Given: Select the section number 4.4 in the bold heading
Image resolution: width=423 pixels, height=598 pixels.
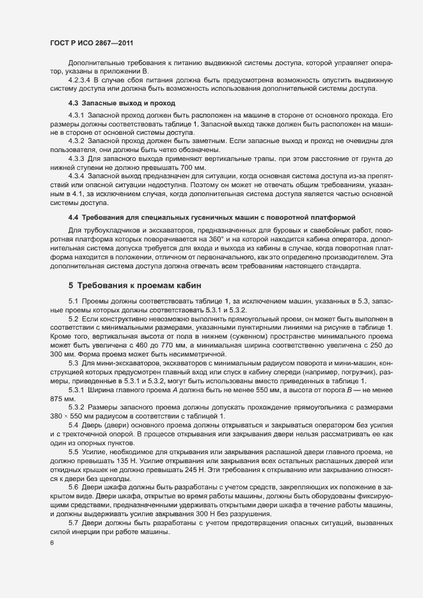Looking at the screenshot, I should click(x=74, y=218).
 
